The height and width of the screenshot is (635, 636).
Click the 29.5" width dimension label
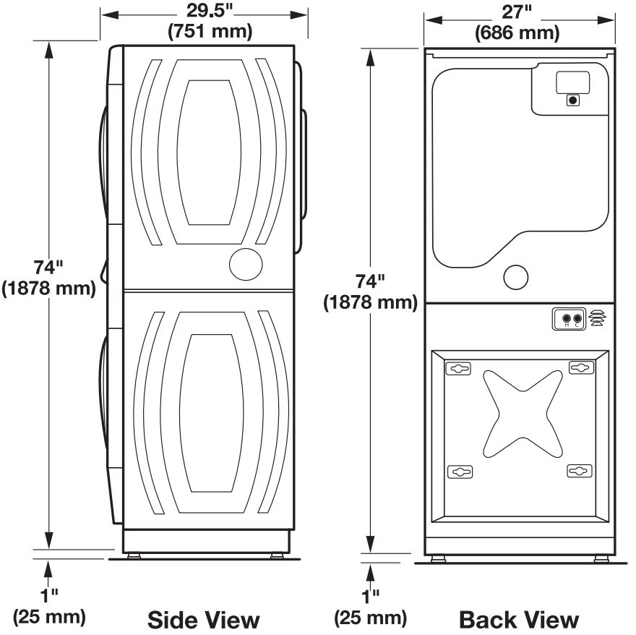coord(210,11)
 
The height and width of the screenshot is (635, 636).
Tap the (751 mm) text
coord(210,31)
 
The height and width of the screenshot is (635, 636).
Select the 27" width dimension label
coord(516,12)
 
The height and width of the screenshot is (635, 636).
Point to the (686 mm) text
coord(517,33)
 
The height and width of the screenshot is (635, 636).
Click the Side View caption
coord(203,620)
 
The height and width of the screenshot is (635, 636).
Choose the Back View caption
coord(519,620)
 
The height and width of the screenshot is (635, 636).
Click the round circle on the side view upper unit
coord(246,264)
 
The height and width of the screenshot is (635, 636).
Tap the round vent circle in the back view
coord(515,277)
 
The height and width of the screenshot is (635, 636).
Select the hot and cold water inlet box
coord(569,319)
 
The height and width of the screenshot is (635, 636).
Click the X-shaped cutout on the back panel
coord(523,414)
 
